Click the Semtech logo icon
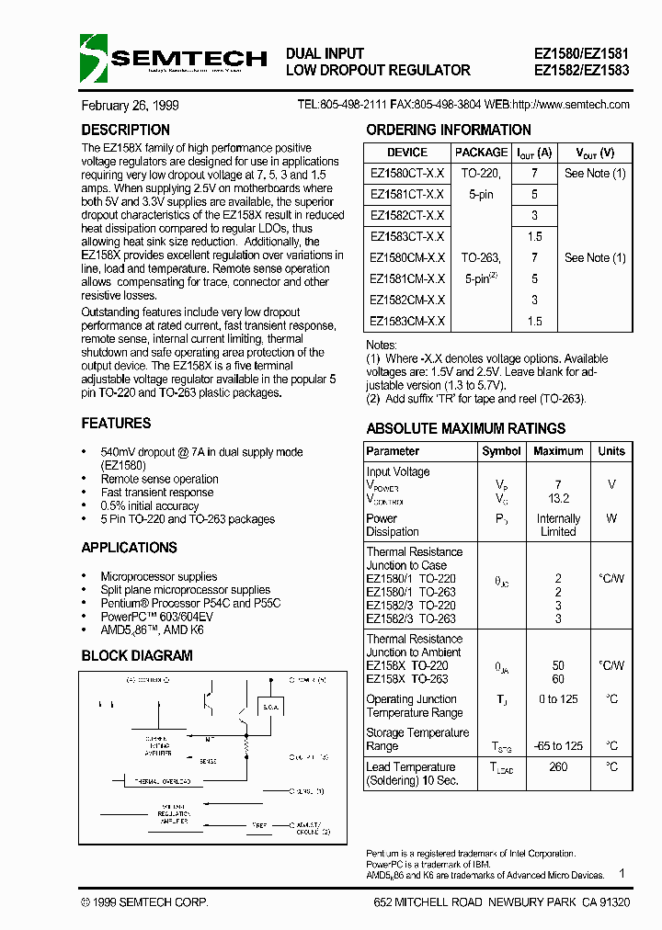[x=94, y=58]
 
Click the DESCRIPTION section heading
[x=125, y=130]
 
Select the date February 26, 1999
[x=130, y=105]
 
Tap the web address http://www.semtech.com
[x=570, y=105]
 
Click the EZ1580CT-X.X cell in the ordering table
[x=407, y=174]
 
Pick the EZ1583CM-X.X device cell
[x=407, y=322]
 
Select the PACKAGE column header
[x=481, y=153]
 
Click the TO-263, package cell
[x=481, y=258]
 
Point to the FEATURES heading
[x=116, y=424]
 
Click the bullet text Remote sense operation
[x=159, y=479]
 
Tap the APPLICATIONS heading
[x=129, y=548]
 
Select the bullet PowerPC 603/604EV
[x=154, y=617]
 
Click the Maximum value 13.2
[x=558, y=498]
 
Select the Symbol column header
[x=501, y=451]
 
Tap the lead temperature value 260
[x=558, y=766]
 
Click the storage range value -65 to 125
[x=558, y=745]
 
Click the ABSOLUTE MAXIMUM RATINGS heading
[x=465, y=429]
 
